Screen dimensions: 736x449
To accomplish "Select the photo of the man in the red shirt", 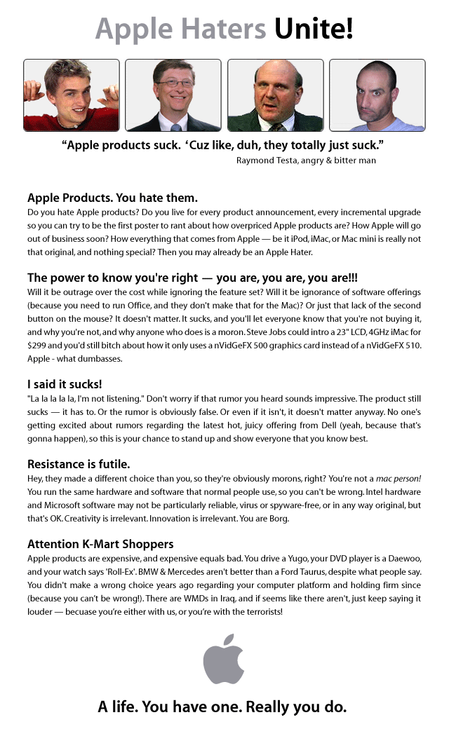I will (x=71, y=95).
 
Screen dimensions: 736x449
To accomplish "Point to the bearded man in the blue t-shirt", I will (x=377, y=95).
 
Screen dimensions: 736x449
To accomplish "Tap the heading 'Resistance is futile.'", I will (x=79, y=464).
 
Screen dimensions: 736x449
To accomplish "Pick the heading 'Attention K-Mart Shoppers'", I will (x=100, y=544).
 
